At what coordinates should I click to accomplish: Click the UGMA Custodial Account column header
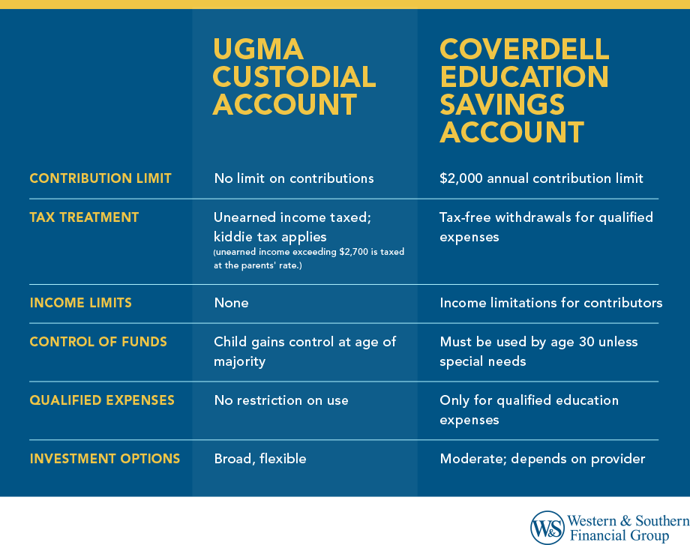click(x=294, y=77)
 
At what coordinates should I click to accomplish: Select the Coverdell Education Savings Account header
click(x=524, y=90)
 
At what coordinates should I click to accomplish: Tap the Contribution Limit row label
click(x=100, y=178)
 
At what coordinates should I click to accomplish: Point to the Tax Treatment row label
click(x=84, y=217)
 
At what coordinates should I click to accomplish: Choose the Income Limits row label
click(x=80, y=303)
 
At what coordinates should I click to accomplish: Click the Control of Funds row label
click(x=98, y=342)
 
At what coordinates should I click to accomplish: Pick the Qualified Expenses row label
click(x=102, y=400)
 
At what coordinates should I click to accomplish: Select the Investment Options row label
click(x=105, y=459)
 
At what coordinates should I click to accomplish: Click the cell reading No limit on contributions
click(x=293, y=178)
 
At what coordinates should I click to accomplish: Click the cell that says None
click(x=231, y=303)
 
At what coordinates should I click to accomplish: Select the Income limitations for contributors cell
click(x=550, y=303)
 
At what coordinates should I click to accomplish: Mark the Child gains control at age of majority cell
click(x=304, y=352)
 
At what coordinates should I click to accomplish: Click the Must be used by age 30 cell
click(x=538, y=352)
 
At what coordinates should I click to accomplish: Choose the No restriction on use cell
click(x=280, y=400)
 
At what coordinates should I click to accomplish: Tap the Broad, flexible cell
click(x=259, y=459)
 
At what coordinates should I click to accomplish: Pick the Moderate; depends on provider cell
click(x=541, y=459)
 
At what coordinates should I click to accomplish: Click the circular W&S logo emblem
click(x=547, y=528)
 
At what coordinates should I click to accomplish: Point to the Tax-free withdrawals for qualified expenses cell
click(x=546, y=226)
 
